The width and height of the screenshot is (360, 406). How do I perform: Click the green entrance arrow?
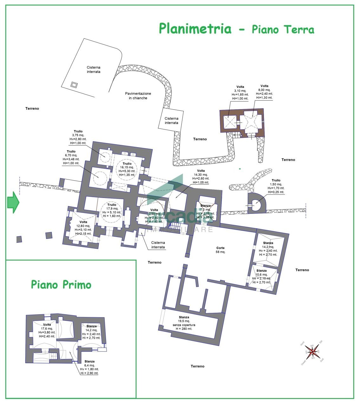pyautogui.click(x=13, y=202)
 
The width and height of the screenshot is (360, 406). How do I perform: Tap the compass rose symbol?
pyautogui.click(x=313, y=351)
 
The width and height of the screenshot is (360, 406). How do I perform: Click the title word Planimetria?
pyautogui.click(x=195, y=28)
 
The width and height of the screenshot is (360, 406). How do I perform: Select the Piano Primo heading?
pyautogui.click(x=61, y=285)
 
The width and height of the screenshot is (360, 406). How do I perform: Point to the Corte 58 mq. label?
pyautogui.click(x=220, y=250)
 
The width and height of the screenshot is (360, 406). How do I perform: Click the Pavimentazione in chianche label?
pyautogui.click(x=138, y=96)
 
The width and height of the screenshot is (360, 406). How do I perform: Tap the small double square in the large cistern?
pyautogui.click(x=74, y=85)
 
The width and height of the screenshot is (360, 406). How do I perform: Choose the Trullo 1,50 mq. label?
pyautogui.click(x=276, y=186)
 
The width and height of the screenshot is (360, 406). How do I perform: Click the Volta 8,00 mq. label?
pyautogui.click(x=264, y=92)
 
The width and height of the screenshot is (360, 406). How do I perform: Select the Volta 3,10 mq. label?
pyautogui.click(x=240, y=93)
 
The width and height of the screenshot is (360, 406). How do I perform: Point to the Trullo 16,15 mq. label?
pyautogui.click(x=127, y=169)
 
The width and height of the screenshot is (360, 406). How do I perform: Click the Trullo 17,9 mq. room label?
pyautogui.click(x=112, y=210)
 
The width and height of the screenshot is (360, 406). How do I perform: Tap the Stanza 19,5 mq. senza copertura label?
pyautogui.click(x=184, y=323)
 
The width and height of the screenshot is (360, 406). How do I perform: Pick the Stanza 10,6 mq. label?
pyautogui.click(x=262, y=276)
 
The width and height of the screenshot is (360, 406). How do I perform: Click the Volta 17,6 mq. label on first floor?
pyautogui.click(x=47, y=330)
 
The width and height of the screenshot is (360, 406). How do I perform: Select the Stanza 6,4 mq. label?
pyautogui.click(x=89, y=367)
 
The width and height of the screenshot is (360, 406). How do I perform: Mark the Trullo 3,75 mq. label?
pyautogui.click(x=78, y=137)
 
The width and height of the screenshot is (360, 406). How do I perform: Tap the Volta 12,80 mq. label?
pyautogui.click(x=83, y=228)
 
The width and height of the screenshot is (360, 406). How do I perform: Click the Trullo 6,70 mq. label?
pyautogui.click(x=71, y=157)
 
